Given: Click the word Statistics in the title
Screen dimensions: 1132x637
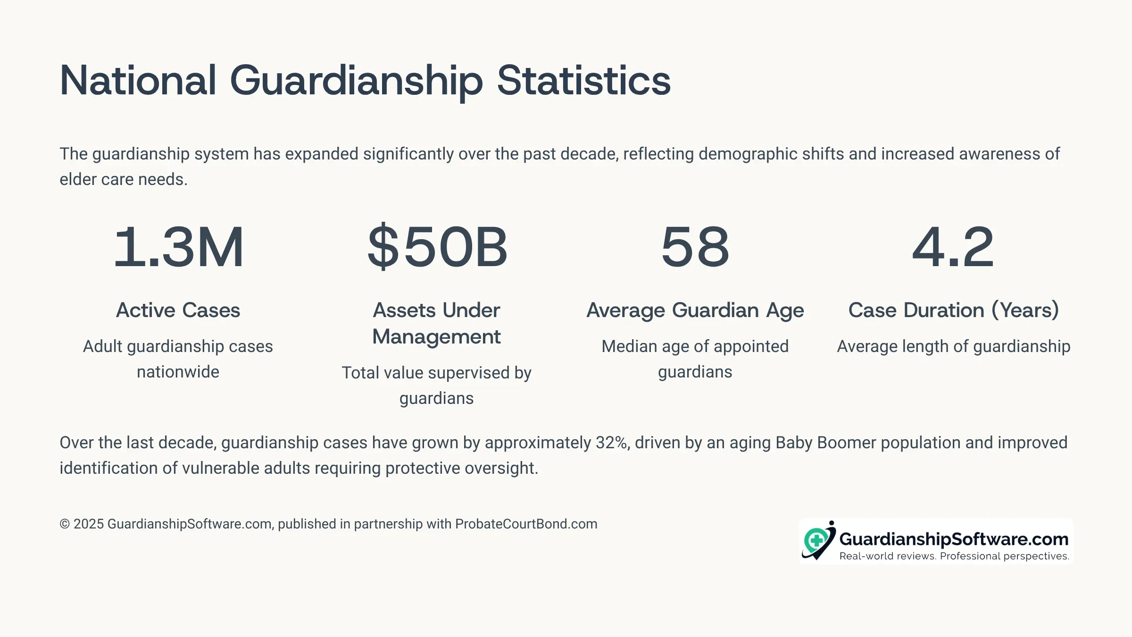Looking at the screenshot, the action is tap(583, 81).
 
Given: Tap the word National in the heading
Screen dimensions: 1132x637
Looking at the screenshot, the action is tap(138, 81).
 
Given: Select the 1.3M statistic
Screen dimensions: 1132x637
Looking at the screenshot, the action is tap(178, 246).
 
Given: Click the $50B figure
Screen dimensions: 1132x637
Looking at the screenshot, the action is tap(437, 246).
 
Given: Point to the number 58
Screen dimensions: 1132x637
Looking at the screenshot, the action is tap(695, 246).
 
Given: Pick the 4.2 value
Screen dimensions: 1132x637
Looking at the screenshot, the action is tap(953, 246).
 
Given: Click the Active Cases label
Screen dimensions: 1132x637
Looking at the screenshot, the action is tap(178, 310).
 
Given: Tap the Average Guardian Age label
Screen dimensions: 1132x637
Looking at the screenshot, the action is tap(695, 310).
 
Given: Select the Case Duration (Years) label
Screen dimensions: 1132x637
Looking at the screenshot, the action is tap(954, 310).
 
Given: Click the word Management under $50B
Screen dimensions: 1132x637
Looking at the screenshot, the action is tap(436, 337).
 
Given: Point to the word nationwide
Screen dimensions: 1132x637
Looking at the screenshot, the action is tap(178, 372).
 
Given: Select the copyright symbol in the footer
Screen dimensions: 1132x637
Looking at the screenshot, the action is tap(65, 524).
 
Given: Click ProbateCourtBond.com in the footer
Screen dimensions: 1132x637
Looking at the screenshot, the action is tap(526, 524).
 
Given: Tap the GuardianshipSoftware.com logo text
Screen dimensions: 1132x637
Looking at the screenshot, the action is tap(954, 539).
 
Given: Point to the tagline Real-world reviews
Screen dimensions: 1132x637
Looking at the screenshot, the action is tap(887, 556).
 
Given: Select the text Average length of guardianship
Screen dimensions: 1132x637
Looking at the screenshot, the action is tap(954, 347).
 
